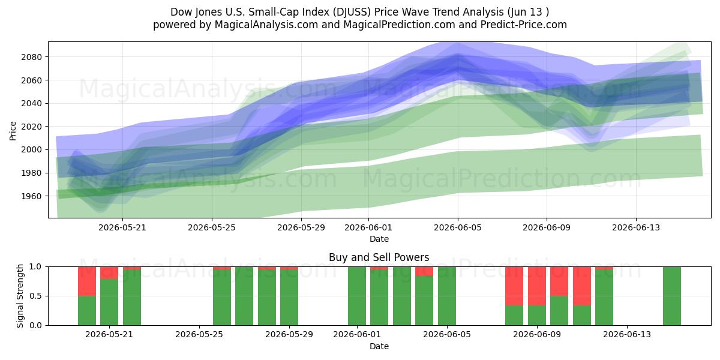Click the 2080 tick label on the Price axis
[x=31, y=57]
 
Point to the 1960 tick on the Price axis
[x=31, y=196]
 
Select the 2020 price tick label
[x=31, y=127]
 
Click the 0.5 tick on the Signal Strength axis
[x=35, y=296]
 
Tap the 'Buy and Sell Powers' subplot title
[x=379, y=257]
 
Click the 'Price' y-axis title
[x=13, y=131]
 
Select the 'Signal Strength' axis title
[x=20, y=296]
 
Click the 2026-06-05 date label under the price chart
[x=458, y=227]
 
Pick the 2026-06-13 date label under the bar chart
[x=627, y=334]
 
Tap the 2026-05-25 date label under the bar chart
[x=199, y=334]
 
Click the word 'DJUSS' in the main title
[x=352, y=12]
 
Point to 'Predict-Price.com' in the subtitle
[x=524, y=25]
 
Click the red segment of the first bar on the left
[x=87, y=281]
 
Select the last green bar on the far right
[x=672, y=296]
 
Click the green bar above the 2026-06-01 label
[x=357, y=296]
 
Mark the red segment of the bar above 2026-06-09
[x=537, y=286]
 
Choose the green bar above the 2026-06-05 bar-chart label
[x=447, y=296]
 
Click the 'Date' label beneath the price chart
[x=379, y=239]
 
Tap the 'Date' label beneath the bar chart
[x=379, y=346]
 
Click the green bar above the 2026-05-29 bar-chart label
[x=289, y=298]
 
